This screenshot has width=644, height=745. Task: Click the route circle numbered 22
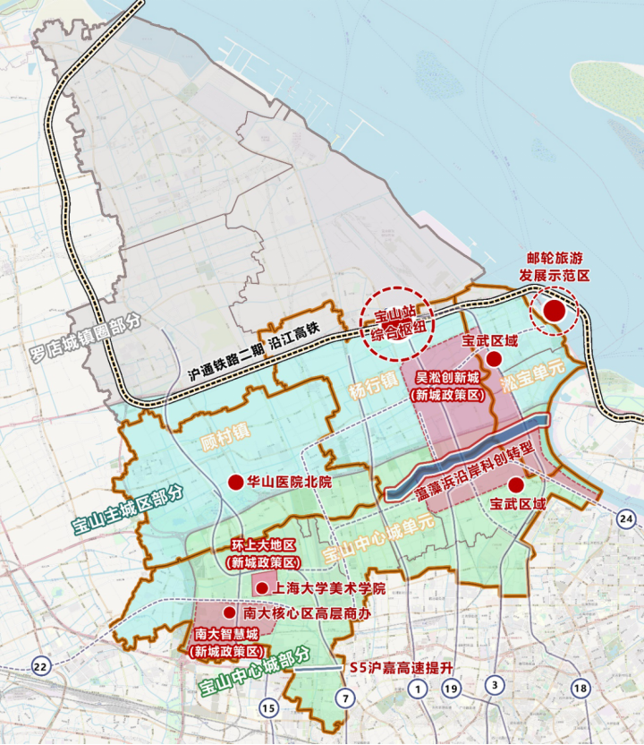click(x=40, y=666)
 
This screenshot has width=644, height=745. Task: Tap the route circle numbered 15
click(x=267, y=708)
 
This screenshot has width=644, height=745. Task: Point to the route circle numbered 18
click(x=581, y=688)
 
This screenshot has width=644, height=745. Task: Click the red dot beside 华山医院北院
click(x=235, y=482)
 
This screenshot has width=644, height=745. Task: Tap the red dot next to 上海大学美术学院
click(x=261, y=588)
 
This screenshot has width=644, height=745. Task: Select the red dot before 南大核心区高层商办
click(x=229, y=613)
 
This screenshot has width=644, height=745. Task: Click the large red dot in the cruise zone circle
click(x=554, y=311)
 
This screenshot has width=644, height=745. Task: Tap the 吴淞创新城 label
click(x=445, y=381)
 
